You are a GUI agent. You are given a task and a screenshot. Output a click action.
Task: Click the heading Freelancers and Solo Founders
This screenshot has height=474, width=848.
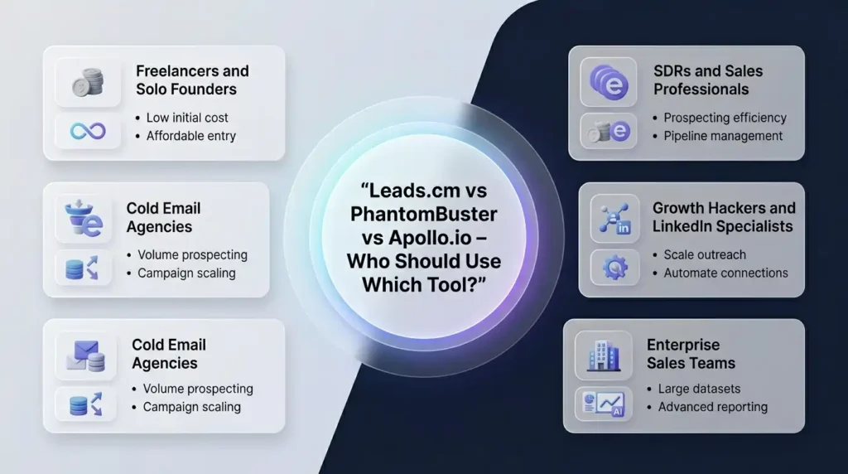pyautogui.click(x=192, y=80)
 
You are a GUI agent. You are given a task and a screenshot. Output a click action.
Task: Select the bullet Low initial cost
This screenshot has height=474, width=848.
pyautogui.click(x=187, y=118)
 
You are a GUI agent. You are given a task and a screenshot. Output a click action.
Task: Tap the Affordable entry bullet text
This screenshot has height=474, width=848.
pyautogui.click(x=190, y=135)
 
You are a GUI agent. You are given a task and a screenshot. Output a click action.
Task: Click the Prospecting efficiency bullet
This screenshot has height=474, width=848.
pyautogui.click(x=725, y=118)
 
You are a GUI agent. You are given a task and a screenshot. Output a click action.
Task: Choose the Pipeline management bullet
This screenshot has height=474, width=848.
pyautogui.click(x=723, y=135)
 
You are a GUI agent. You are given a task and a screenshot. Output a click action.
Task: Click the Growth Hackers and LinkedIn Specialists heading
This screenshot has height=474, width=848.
pyautogui.click(x=723, y=217)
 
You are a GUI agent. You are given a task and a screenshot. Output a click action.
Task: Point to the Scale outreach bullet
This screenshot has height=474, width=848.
pyautogui.click(x=705, y=254)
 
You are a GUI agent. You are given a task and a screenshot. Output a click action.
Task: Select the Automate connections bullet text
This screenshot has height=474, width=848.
pyautogui.click(x=725, y=273)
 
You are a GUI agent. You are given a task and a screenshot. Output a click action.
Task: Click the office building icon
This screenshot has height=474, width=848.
pyautogui.click(x=604, y=355)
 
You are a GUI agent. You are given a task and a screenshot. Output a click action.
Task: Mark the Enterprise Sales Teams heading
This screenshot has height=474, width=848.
pyautogui.click(x=691, y=353)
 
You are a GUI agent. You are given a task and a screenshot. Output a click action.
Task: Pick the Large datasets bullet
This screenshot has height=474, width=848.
pyautogui.click(x=699, y=389)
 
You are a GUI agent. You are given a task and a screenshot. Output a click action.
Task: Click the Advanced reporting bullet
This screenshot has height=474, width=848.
pyautogui.click(x=712, y=407)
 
